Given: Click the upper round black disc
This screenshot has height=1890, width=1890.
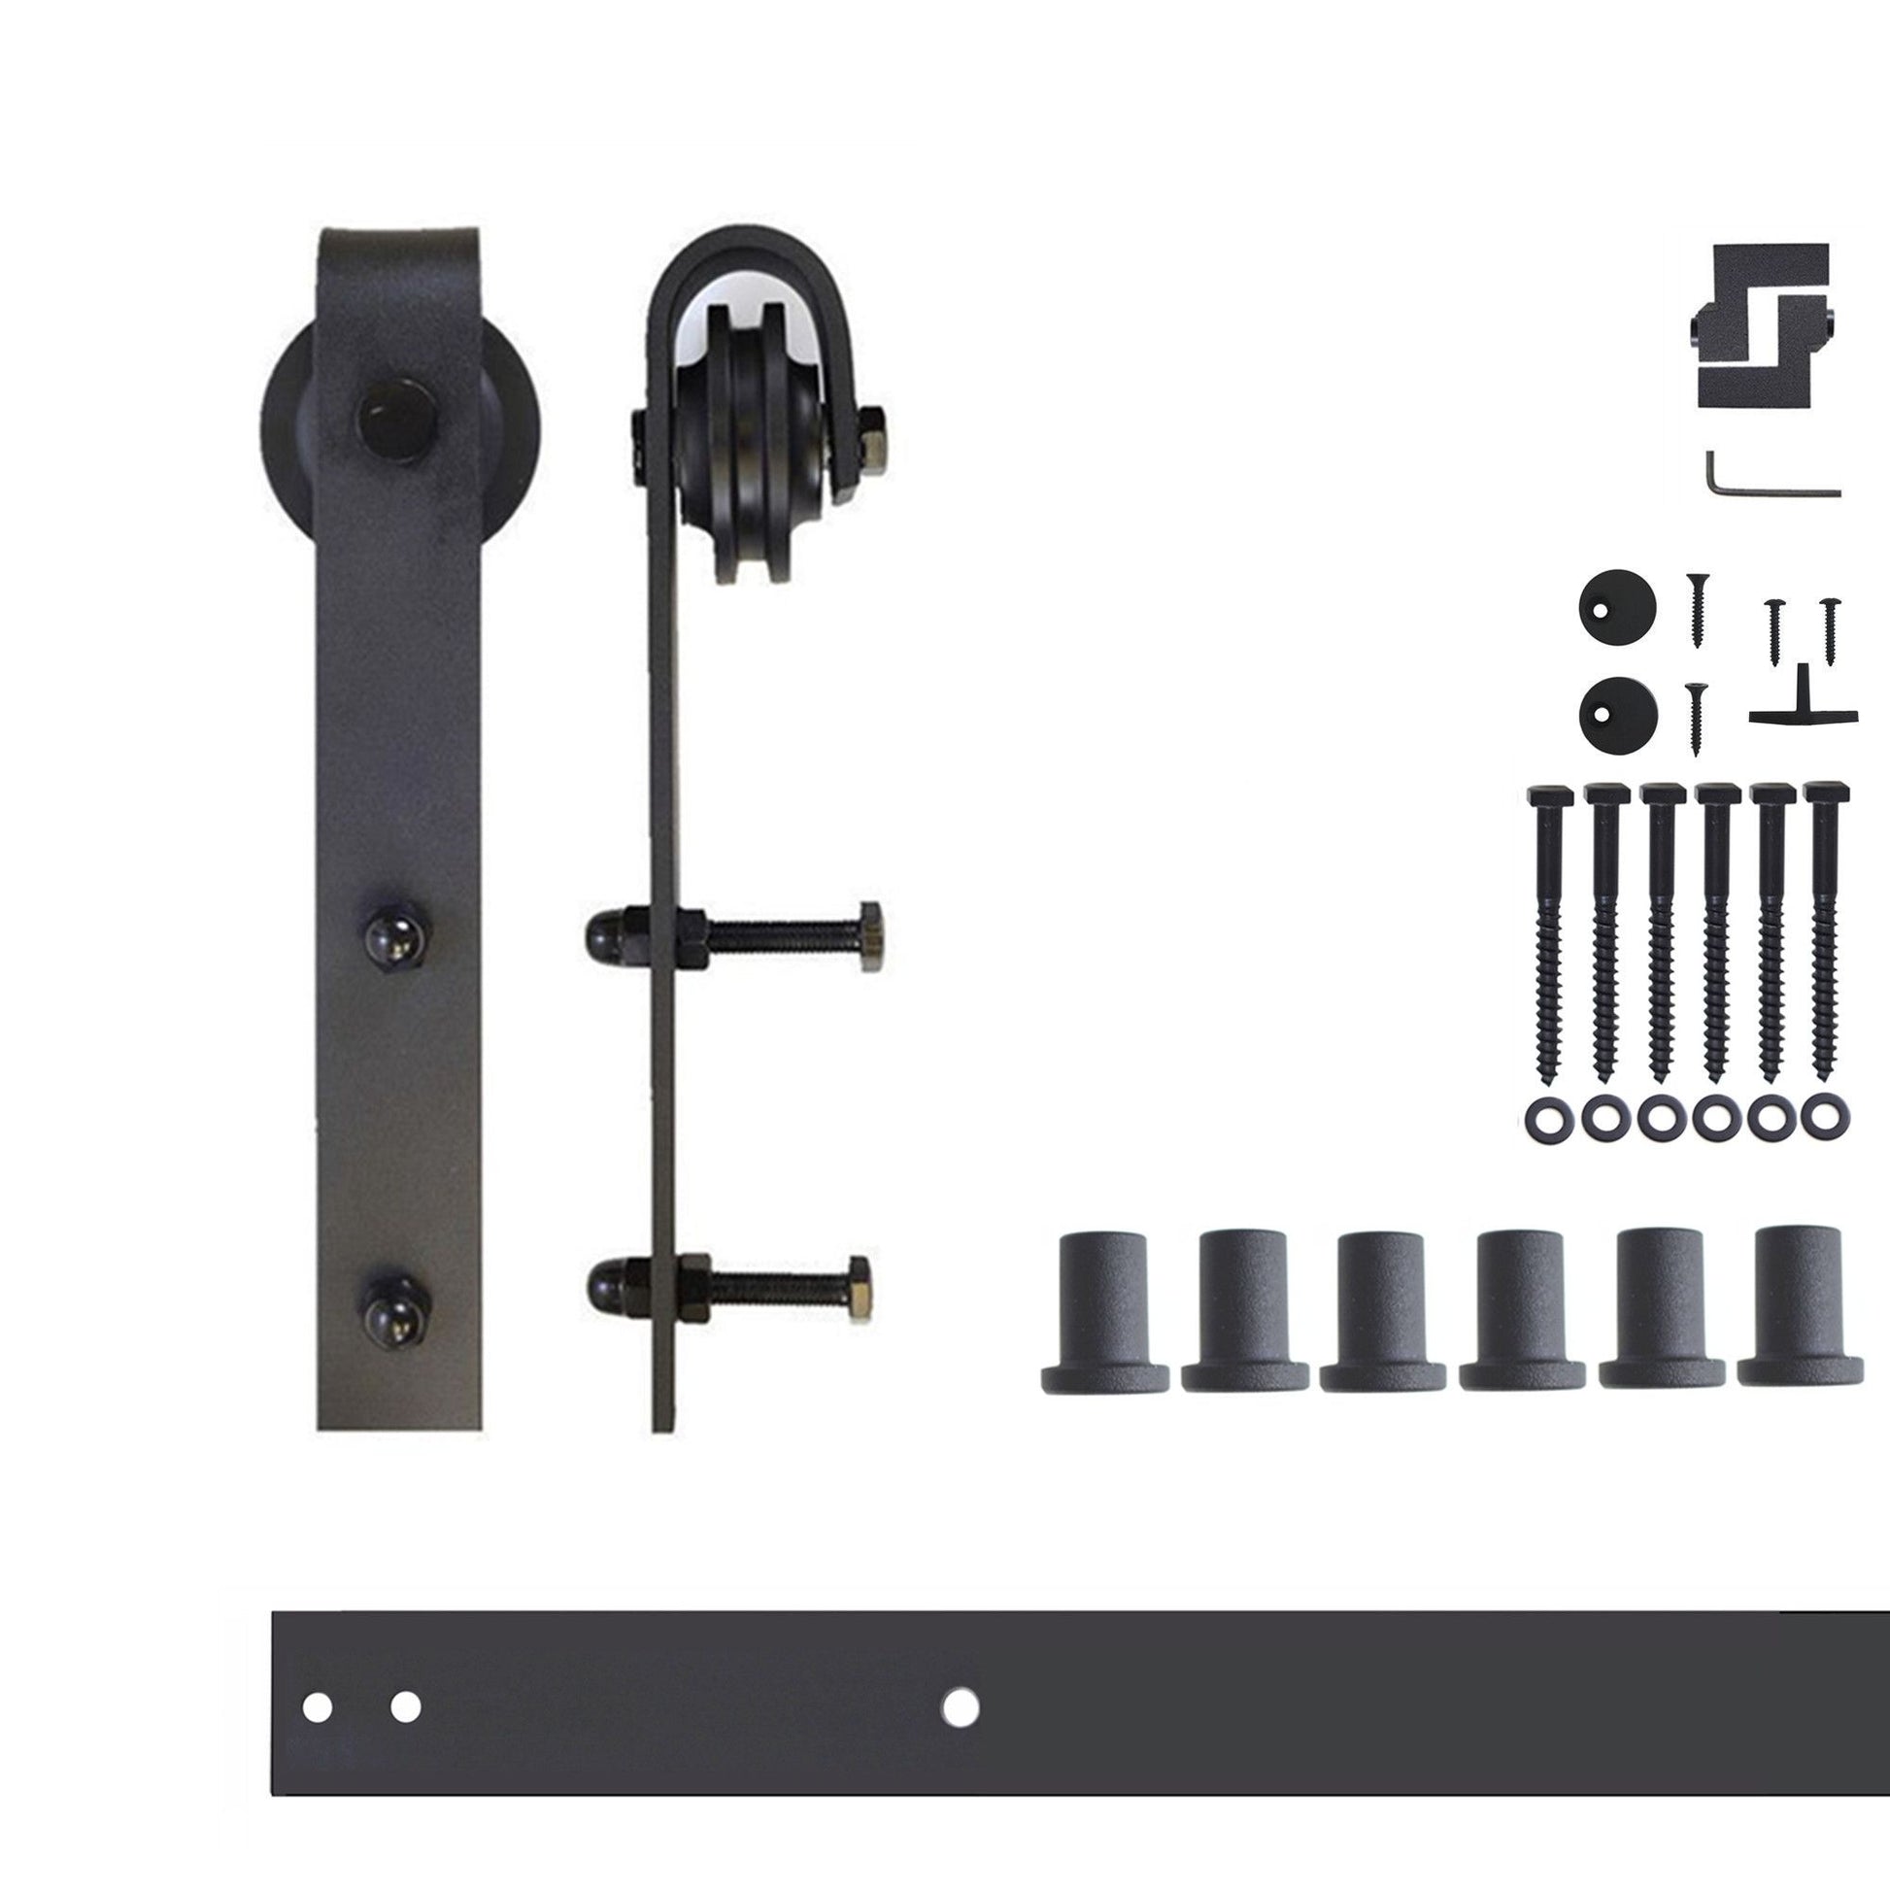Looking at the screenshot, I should [x=1616, y=606].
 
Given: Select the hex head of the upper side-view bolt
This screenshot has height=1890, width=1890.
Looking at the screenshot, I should [x=869, y=937].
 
